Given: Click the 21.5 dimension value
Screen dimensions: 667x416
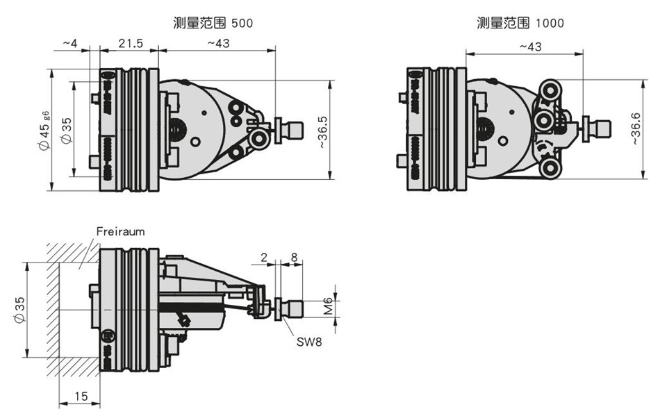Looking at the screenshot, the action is click(x=131, y=43).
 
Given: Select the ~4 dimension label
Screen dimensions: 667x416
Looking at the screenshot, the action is click(x=70, y=43).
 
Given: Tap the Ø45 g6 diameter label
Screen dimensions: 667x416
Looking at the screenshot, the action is click(x=44, y=130).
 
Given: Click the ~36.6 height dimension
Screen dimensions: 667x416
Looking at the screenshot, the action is click(x=636, y=128).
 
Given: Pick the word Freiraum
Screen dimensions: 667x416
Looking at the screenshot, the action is click(x=120, y=231).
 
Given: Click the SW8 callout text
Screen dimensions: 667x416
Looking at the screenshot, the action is click(x=309, y=342).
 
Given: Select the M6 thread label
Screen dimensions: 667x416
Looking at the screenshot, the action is click(x=327, y=306).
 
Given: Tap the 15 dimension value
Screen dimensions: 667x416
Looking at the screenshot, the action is click(x=81, y=397).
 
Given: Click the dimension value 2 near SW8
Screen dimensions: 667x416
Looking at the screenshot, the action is click(x=264, y=257).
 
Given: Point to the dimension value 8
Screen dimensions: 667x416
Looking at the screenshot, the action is click(x=294, y=257).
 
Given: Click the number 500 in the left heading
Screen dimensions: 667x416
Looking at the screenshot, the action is click(x=242, y=23).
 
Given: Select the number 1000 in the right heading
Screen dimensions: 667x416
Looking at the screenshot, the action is click(x=550, y=23).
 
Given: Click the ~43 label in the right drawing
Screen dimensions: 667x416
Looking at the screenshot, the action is click(x=531, y=47).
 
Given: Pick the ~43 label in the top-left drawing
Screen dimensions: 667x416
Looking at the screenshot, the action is click(x=219, y=43).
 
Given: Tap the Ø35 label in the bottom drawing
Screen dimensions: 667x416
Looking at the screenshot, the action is click(x=19, y=310).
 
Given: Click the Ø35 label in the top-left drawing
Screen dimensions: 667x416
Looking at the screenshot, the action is click(x=66, y=131).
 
